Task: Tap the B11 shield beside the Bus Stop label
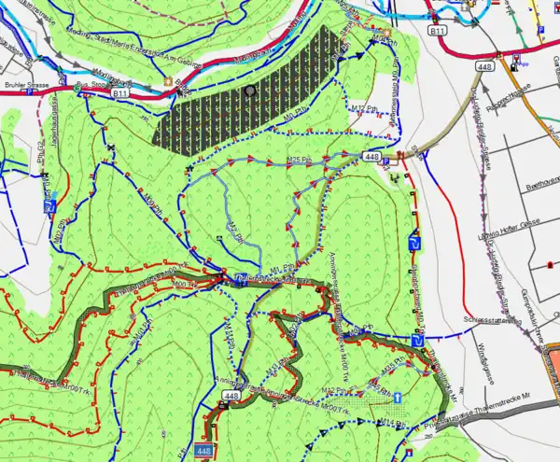pyautogui.click(x=119, y=94)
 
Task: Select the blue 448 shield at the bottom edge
pyautogui.click(x=204, y=452)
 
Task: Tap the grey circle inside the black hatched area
pyautogui.click(x=249, y=91)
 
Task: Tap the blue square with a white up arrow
pyautogui.click(x=398, y=399)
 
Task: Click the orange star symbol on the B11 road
pyautogui.click(x=169, y=81)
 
